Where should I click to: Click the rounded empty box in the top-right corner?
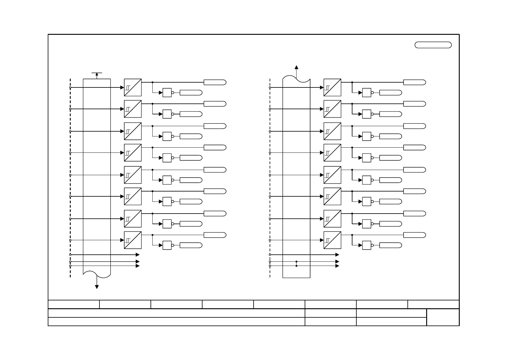(x=433, y=45)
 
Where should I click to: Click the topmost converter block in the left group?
(x=133, y=87)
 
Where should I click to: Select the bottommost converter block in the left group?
(x=133, y=240)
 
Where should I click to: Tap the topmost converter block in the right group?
(x=332, y=87)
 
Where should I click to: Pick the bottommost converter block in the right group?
(x=332, y=240)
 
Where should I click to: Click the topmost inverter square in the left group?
(x=167, y=93)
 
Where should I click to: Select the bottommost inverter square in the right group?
(x=366, y=245)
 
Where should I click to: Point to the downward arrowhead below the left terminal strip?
(x=97, y=287)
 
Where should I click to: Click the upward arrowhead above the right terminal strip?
(x=297, y=67)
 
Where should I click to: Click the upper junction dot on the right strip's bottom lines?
(x=297, y=261)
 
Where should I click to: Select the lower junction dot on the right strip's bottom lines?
(x=297, y=266)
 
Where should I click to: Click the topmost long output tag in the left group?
(x=215, y=82)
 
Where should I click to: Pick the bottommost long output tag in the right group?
(x=414, y=235)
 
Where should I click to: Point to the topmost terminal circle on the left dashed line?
(x=70, y=87)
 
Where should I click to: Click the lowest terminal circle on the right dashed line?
(x=270, y=266)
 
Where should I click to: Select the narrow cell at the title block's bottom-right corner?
(x=443, y=317)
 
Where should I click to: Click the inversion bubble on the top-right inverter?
(x=372, y=93)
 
